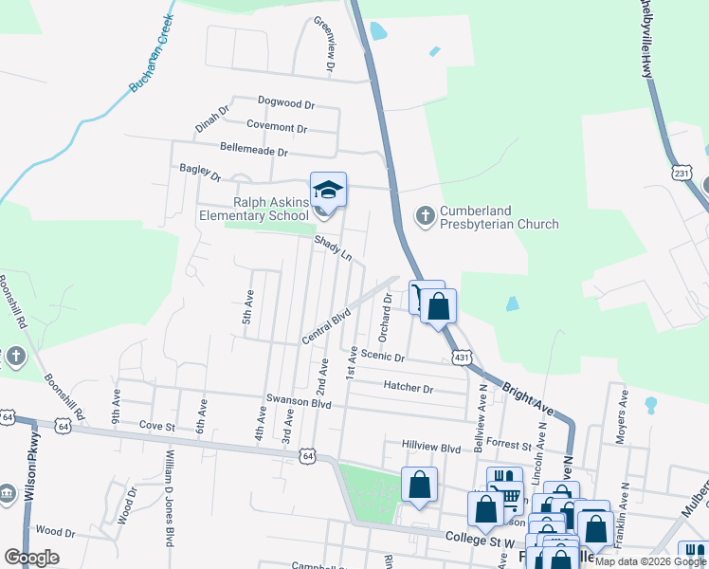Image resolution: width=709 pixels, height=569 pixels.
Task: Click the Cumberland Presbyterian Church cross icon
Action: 424,217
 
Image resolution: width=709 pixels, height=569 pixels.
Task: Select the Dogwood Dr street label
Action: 285,101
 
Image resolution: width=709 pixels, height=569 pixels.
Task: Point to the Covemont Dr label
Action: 277,127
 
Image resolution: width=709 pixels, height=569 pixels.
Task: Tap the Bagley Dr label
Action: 200,173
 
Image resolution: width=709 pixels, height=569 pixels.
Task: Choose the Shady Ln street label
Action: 334,249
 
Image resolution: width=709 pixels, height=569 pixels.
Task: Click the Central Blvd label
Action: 326,324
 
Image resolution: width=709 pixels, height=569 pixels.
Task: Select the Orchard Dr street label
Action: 385,318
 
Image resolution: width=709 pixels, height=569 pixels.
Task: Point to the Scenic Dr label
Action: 383,358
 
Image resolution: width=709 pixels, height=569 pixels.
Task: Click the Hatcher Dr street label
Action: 409,387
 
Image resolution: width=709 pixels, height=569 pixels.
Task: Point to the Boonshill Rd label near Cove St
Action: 65,396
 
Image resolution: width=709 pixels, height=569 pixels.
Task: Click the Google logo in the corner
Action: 31,557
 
